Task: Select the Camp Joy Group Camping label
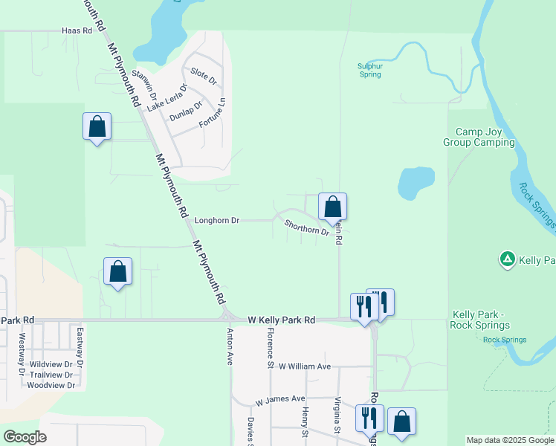479,137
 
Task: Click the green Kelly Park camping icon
507,259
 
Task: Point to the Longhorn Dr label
216,220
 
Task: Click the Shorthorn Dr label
306,227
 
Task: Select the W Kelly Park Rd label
282,320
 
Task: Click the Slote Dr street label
203,75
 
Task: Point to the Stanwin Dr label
144,85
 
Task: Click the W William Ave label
304,366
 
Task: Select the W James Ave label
280,400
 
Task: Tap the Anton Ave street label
230,347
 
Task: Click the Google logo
25,436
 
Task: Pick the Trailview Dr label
51,375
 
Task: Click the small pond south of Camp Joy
416,183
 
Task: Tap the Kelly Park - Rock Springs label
479,320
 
